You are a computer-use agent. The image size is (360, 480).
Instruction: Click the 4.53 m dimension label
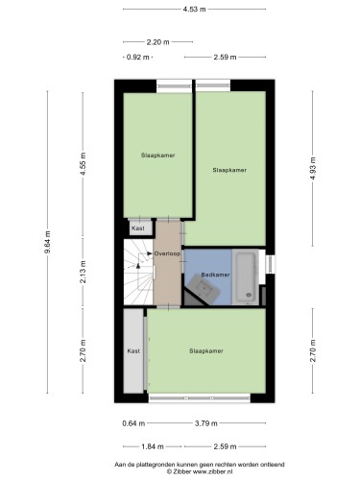pos(194,10)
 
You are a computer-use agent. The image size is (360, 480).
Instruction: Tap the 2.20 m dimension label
pos(157,42)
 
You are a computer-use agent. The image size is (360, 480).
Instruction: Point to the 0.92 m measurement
pos(137,58)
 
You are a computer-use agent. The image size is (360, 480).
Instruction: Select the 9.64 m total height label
pos(47,242)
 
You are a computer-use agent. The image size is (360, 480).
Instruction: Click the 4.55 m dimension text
pos(83,163)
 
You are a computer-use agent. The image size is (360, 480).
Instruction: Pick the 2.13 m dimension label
pos(83,272)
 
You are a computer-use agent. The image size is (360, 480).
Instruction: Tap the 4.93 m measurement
pos(313,168)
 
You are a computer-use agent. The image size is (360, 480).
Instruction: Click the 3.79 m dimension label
pos(206,423)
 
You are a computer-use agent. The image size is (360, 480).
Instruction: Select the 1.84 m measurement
pos(153,446)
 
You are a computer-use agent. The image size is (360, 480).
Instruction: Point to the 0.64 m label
pos(133,423)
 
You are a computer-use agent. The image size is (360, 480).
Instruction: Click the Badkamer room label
pos(215,275)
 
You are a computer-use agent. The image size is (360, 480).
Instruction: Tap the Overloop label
pos(167,253)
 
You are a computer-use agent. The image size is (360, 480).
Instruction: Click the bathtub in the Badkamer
pos(246,276)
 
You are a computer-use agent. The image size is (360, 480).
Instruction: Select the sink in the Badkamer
pos(204,289)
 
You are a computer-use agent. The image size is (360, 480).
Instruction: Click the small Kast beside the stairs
pos(138,228)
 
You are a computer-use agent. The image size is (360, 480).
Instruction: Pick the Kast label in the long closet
pos(133,351)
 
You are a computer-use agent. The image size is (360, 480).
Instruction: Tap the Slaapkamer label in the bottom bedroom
pos(206,351)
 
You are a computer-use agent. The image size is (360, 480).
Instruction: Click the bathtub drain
pos(249,295)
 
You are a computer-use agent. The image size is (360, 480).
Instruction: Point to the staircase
pos(138,272)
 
